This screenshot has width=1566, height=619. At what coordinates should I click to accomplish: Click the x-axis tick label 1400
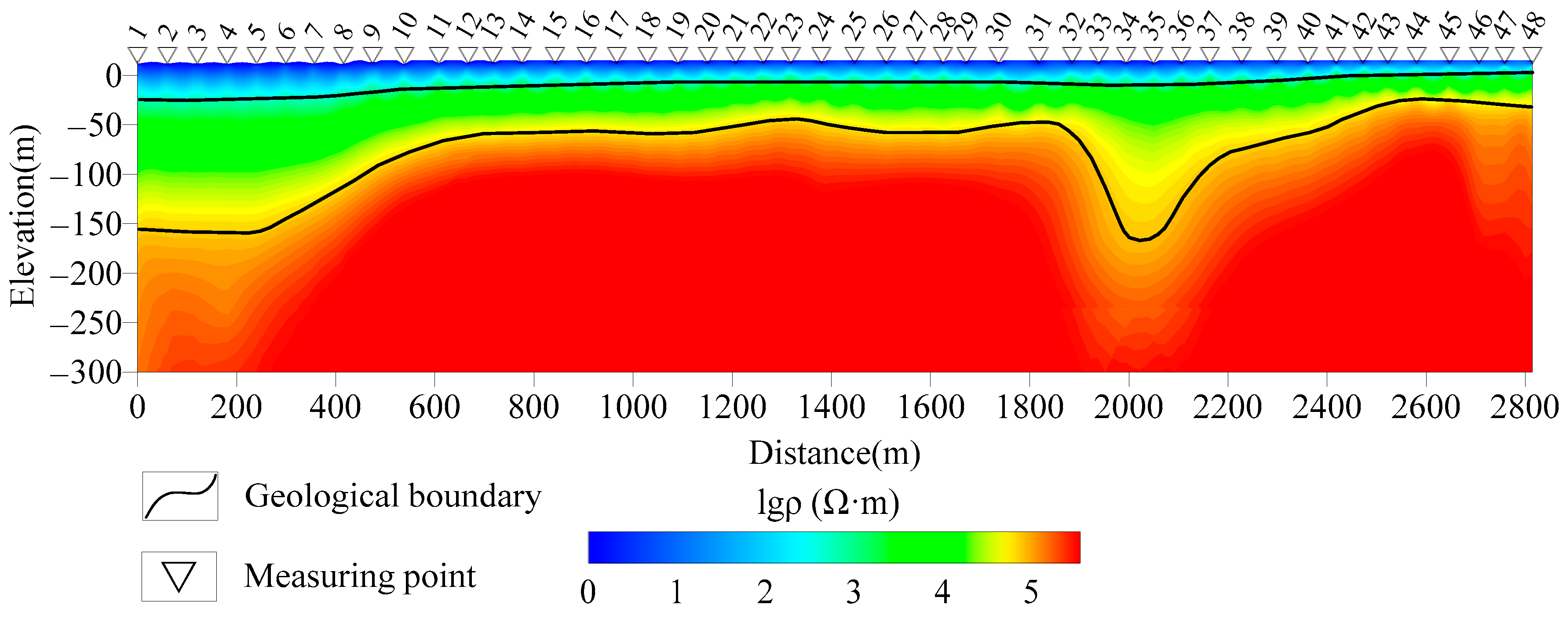[x=831, y=407]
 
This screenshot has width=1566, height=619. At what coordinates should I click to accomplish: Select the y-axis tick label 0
[x=114, y=76]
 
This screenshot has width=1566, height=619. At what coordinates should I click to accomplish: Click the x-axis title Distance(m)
[x=834, y=453]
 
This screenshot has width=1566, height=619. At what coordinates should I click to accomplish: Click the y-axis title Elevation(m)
[x=23, y=216]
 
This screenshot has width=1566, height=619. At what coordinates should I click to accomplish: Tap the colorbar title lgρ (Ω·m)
[x=828, y=503]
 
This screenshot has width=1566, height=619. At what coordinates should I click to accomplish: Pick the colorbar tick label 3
[x=854, y=592]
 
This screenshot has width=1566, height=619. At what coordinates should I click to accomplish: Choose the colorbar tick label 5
[x=1030, y=592]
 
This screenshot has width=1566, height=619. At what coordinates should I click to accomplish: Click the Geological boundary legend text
[x=393, y=496]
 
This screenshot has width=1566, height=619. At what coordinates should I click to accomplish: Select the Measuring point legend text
[x=360, y=576]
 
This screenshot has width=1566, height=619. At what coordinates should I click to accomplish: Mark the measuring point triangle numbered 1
[x=138, y=55]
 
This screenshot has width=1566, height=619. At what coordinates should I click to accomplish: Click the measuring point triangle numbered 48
[x=1531, y=55]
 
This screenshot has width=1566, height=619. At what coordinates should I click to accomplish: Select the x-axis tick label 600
[x=434, y=407]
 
